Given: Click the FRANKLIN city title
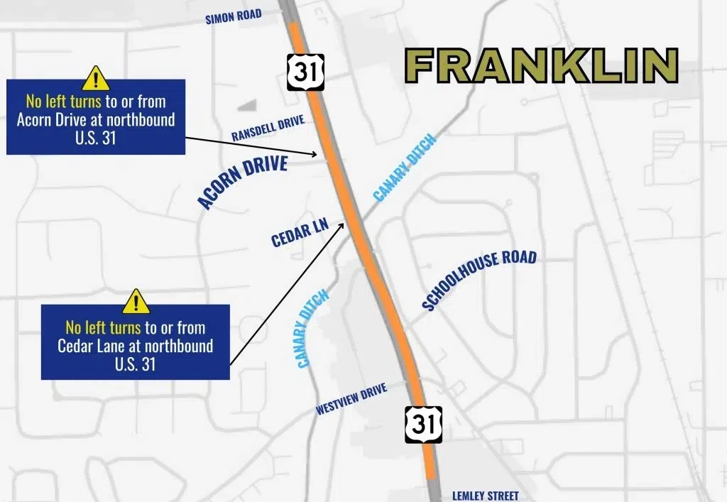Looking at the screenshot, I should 542,66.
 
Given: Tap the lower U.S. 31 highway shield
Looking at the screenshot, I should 424,425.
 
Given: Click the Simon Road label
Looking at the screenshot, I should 234,16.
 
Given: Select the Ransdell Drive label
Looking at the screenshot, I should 268,130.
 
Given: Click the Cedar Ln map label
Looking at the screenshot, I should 300,233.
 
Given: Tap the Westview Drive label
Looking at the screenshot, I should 351,400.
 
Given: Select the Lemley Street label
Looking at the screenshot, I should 486,496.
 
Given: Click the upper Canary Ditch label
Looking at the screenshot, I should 404,168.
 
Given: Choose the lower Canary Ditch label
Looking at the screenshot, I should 312,328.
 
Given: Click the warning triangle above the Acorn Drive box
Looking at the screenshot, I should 95,77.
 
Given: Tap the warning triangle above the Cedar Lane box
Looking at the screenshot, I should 136,301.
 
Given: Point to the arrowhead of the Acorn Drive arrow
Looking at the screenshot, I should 315,153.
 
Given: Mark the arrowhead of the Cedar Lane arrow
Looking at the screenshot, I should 345,224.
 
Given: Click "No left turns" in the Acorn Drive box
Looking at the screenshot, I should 63,101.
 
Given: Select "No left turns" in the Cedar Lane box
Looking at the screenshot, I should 103,327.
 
